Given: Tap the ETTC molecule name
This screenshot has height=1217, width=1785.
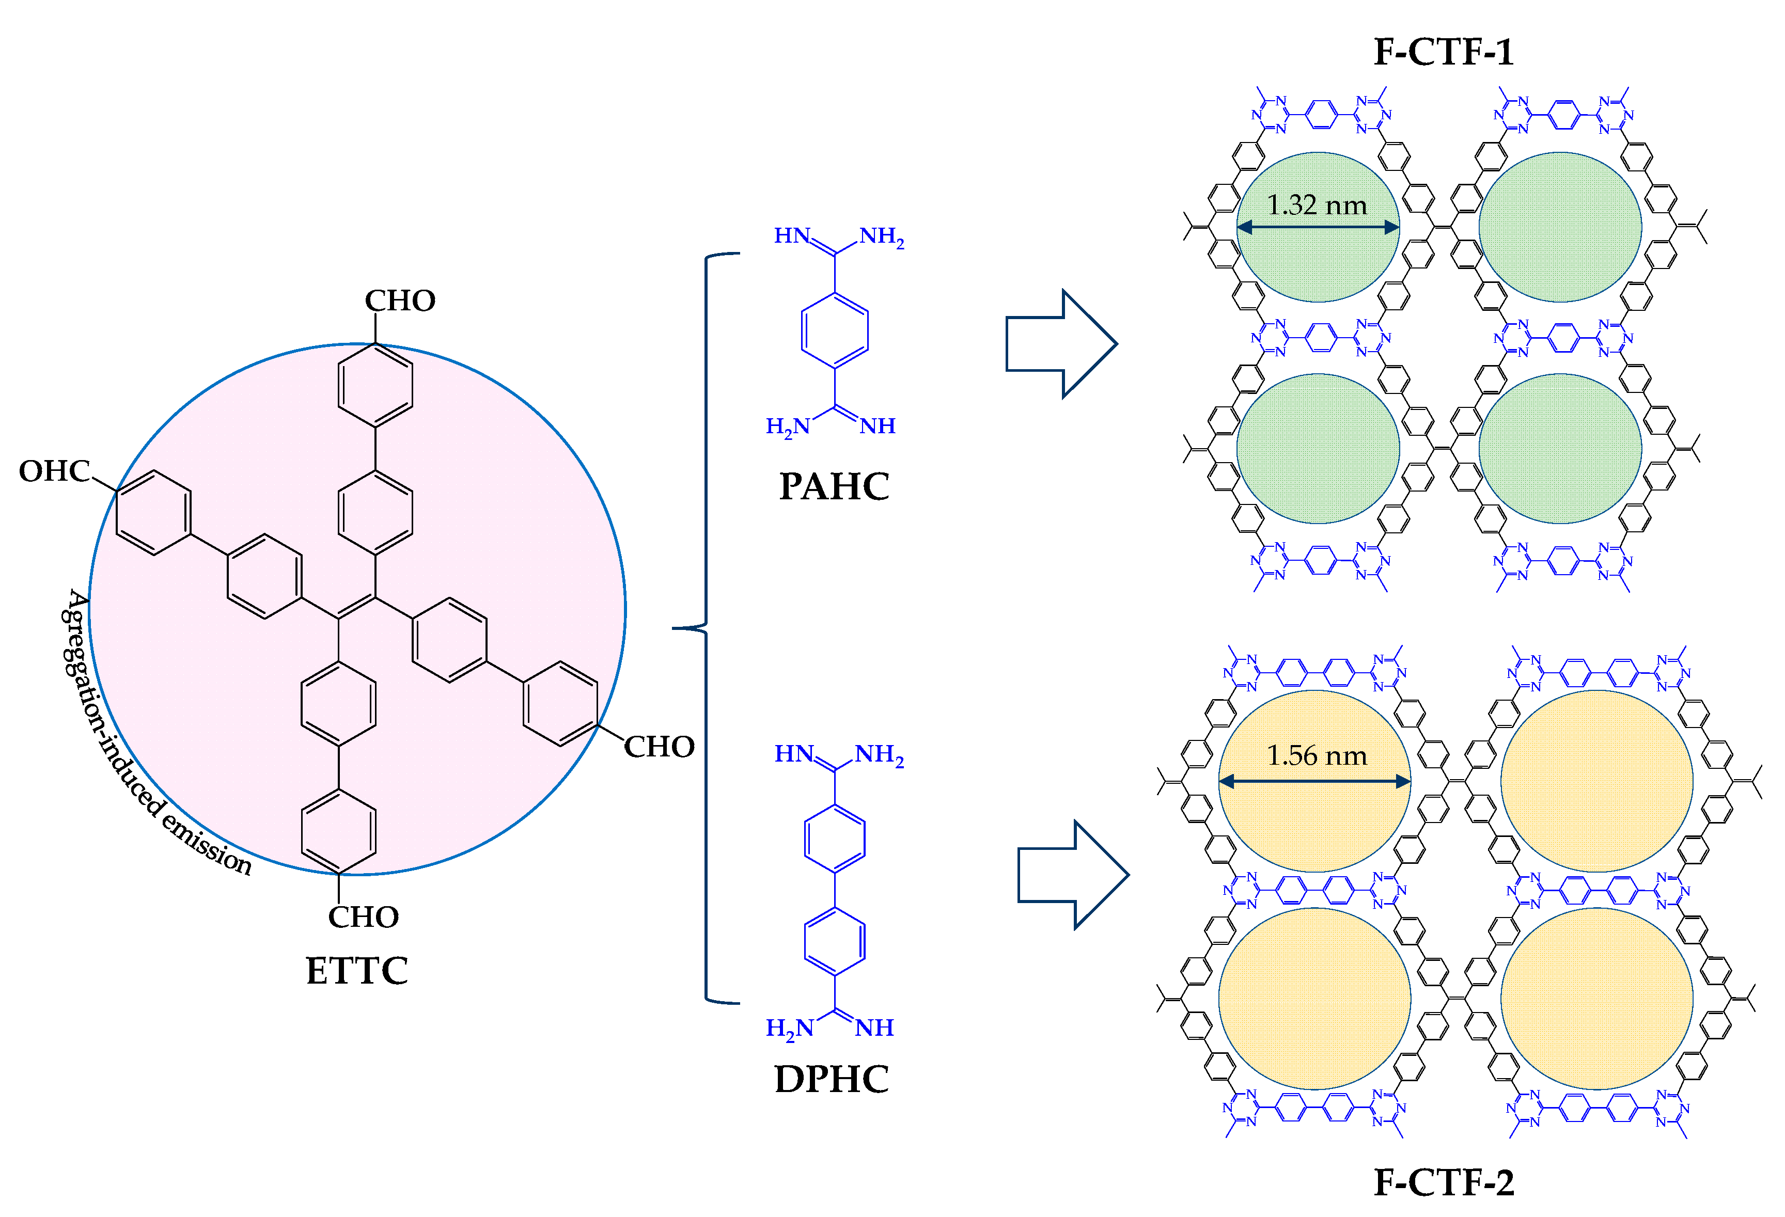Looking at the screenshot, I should click(357, 971).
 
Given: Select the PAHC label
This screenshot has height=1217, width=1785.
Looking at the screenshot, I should click(834, 487).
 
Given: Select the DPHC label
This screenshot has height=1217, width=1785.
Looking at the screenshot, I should click(832, 1079).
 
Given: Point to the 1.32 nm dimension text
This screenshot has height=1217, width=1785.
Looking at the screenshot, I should click(1317, 205).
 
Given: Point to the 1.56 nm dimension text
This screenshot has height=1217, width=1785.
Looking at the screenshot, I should click(1317, 755).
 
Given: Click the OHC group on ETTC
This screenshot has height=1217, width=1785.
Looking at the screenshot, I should click(54, 471).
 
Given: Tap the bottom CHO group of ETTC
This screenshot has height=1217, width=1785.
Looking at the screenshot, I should click(363, 917).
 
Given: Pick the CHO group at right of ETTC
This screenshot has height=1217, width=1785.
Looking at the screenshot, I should click(659, 746).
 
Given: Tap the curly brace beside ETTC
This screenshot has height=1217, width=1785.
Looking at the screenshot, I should click(703, 628).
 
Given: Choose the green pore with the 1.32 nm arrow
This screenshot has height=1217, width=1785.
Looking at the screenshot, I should click(1318, 261).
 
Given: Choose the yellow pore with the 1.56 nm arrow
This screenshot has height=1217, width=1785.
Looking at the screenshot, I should click(1315, 821).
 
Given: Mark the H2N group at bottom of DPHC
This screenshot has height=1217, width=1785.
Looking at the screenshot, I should click(789, 1028).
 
